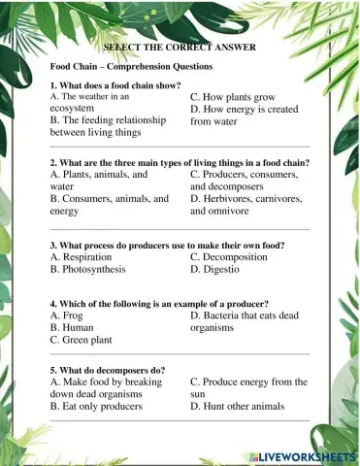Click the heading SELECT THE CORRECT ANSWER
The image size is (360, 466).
coord(180,47)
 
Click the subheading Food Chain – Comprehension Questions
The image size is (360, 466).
coord(131,66)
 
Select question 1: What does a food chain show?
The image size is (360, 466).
coord(124,85)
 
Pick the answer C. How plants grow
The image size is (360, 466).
coord(233,98)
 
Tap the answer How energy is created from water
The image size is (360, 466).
coord(245,116)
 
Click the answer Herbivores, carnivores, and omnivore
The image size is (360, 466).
coord(246,204)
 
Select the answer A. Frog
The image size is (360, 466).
coord(70,316)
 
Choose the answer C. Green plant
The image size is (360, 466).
coord(86,341)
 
